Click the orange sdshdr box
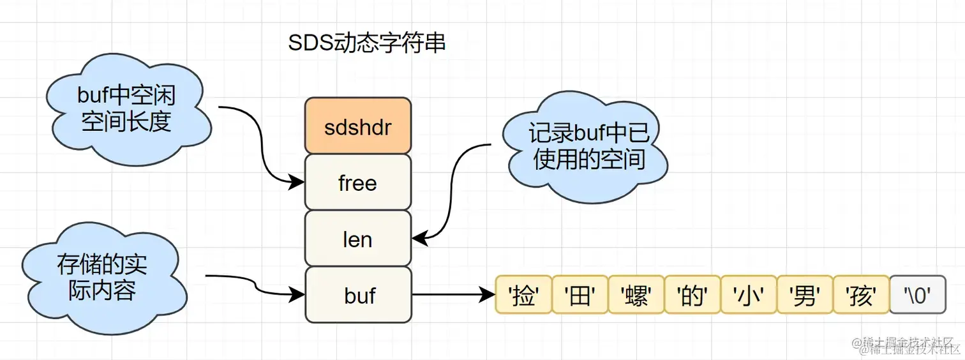(357, 126)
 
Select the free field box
(357, 183)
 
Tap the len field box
(357, 239)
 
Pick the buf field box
(357, 295)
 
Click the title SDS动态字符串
(366, 43)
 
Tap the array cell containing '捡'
(523, 295)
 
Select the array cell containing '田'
(580, 295)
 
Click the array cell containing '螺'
(636, 295)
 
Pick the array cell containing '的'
(692, 295)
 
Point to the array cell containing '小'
(748, 295)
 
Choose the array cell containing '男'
(804, 295)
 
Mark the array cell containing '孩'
(860, 295)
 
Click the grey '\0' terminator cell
(917, 295)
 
